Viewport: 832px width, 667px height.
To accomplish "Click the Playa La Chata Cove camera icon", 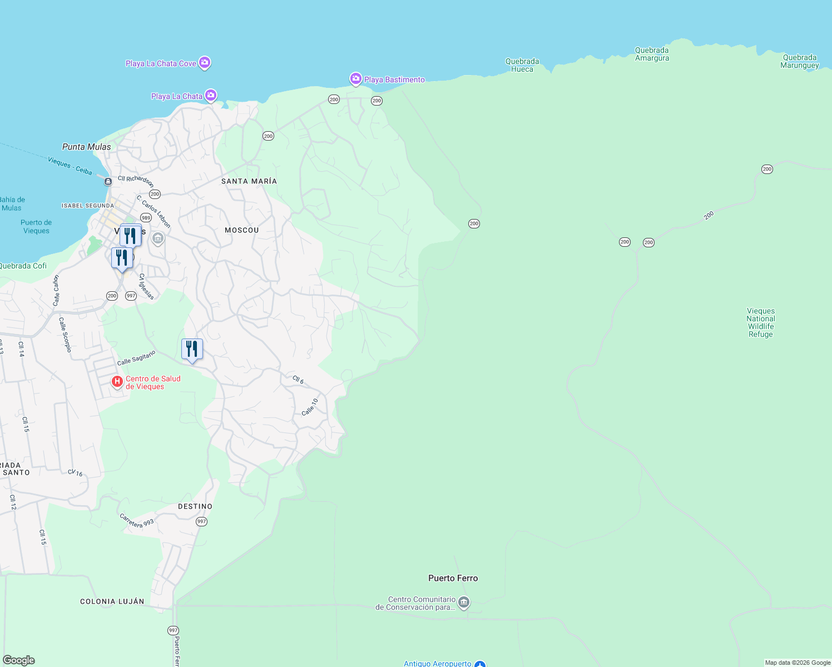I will tap(205, 63).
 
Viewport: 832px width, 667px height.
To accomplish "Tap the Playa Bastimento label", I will tap(394, 80).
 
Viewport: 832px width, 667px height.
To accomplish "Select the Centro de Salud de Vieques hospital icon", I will tap(117, 382).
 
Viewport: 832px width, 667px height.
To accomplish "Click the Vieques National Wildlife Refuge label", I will tap(760, 323).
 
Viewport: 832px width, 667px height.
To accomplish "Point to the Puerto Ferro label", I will tap(453, 579).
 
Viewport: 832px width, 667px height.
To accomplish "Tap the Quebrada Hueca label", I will tap(522, 66).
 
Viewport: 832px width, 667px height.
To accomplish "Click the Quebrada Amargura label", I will tap(652, 54).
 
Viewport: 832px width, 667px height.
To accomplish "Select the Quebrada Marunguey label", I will tap(799, 62).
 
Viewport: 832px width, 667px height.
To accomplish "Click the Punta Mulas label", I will tap(87, 147).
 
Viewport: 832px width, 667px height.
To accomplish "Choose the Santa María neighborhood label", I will tap(249, 182).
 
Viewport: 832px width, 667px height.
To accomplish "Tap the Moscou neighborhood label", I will tap(242, 230).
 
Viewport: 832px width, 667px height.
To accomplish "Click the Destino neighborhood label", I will tap(195, 507).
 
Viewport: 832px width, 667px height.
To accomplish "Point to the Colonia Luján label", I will tap(112, 602).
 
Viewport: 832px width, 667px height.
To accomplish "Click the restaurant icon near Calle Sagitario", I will tap(192, 350).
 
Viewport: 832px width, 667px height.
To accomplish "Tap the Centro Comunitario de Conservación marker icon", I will tap(464, 603).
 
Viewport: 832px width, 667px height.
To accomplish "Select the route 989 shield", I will tap(146, 218).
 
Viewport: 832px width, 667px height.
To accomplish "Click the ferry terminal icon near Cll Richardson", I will tap(108, 181).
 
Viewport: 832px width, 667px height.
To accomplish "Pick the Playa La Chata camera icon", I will tap(211, 96).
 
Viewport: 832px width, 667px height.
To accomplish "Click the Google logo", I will tap(19, 660).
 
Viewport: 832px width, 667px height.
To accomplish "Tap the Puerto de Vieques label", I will tap(36, 227).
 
